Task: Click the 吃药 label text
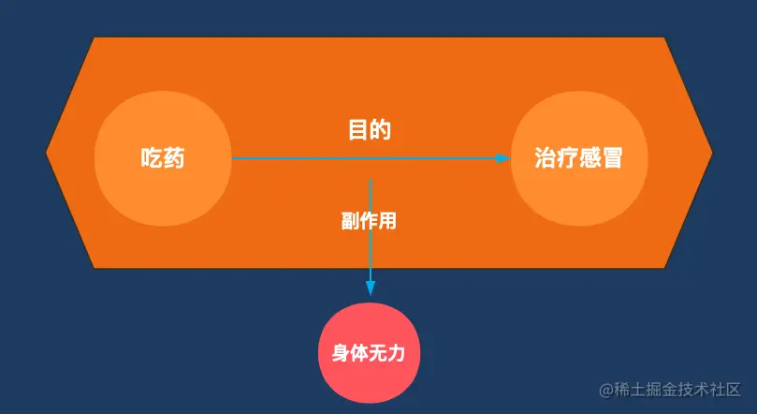(x=162, y=158)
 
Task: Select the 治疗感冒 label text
(x=578, y=158)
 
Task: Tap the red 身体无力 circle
(x=370, y=352)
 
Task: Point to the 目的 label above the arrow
(x=369, y=130)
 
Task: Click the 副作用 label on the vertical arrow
(x=369, y=222)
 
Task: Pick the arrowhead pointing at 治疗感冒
(x=502, y=158)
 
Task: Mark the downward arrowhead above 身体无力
(x=371, y=287)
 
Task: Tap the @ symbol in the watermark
(x=605, y=389)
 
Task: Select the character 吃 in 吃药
(x=151, y=158)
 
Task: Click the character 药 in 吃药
(x=173, y=158)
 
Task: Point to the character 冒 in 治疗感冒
(x=612, y=158)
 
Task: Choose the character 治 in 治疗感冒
(x=546, y=158)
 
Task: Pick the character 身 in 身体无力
(x=341, y=354)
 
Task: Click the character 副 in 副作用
(x=350, y=222)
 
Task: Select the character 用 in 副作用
(x=387, y=222)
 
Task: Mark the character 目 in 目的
(x=357, y=130)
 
